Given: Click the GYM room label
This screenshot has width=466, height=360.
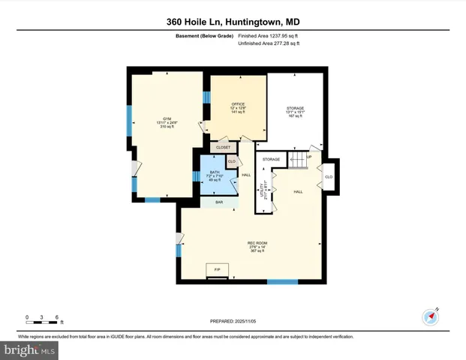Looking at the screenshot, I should point(167,123).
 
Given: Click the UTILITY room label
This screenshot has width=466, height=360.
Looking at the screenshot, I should point(262,190).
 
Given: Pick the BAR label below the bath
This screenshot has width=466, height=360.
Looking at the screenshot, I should point(219,202).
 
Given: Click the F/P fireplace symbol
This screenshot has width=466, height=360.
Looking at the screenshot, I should point(218,268).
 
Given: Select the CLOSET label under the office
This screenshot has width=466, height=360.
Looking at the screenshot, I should point(224,148).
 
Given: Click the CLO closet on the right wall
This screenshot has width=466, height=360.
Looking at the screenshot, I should point(329,177).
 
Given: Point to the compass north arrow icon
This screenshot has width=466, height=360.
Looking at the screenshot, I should point(431,316).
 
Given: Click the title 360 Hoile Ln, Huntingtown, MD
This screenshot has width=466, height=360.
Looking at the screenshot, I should point(233,22).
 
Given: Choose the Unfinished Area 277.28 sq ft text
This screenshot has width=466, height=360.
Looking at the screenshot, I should point(269,44).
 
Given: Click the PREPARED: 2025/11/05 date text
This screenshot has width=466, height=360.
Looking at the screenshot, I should point(233,321).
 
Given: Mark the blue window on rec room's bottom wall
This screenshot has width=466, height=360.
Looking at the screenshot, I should point(283,281).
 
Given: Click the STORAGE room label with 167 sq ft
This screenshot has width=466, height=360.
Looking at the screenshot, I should point(295,112).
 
